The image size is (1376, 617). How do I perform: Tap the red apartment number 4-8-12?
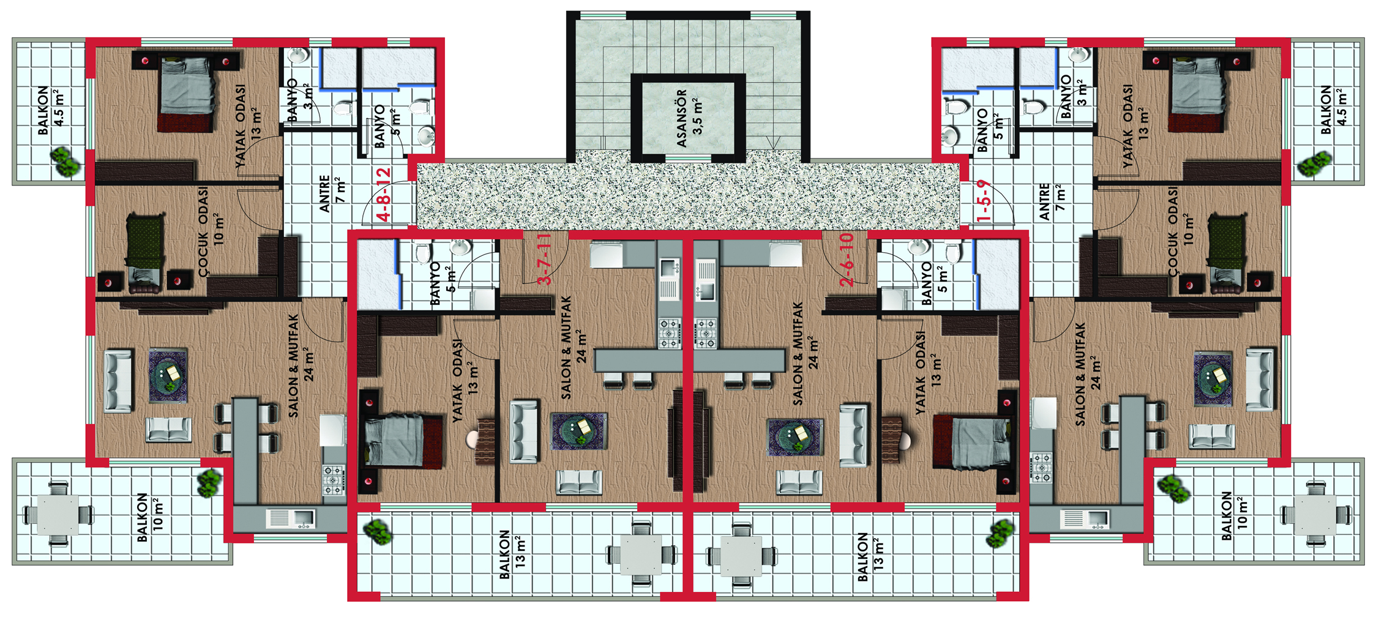(x=384, y=194)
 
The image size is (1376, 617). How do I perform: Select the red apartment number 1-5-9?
(x=984, y=200)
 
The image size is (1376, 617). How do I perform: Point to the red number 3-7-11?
(x=544, y=258)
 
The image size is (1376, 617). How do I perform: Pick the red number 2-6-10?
(x=847, y=260)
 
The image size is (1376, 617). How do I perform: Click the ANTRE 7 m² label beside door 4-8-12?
(x=332, y=193)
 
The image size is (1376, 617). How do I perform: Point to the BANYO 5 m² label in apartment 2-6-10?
(x=934, y=283)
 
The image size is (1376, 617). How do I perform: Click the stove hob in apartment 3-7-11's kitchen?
(x=669, y=333)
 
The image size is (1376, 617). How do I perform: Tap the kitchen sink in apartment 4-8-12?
(x=291, y=518)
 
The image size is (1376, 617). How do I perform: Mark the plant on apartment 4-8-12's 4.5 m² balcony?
(x=65, y=162)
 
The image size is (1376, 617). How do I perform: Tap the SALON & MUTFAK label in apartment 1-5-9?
(x=1088, y=374)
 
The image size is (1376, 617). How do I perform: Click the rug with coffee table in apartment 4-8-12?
(x=168, y=376)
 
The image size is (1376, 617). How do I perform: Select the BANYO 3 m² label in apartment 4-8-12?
(x=300, y=100)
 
